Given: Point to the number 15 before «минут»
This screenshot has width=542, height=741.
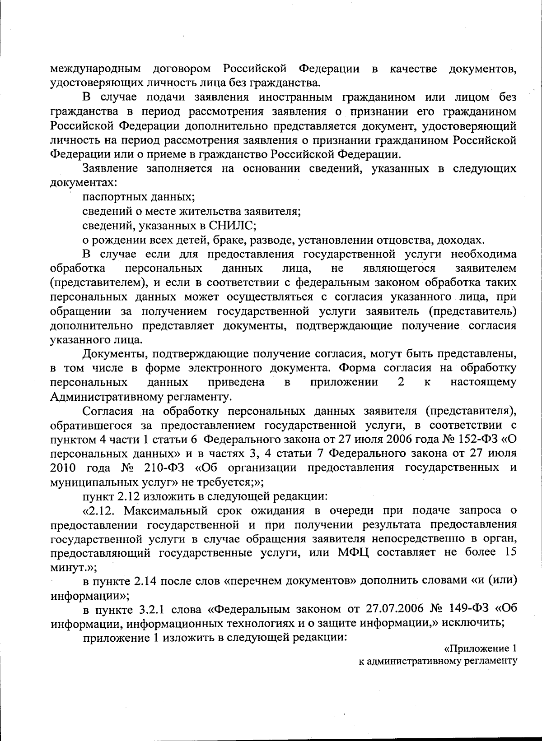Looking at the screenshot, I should coord(509,552).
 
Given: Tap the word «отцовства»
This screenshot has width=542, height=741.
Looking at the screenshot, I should coord(398,240).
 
